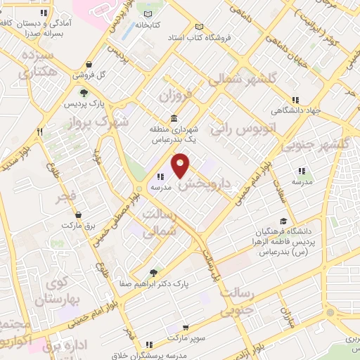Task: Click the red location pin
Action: tap(181, 165)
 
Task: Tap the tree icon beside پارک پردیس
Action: tap(84, 92)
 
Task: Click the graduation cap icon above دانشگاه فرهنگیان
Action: tap(283, 220)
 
